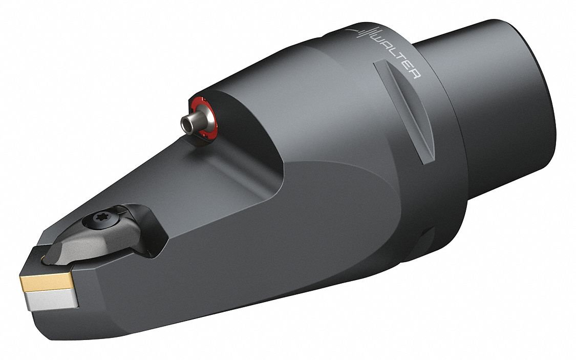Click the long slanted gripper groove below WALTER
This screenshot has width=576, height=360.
click(x=404, y=110)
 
